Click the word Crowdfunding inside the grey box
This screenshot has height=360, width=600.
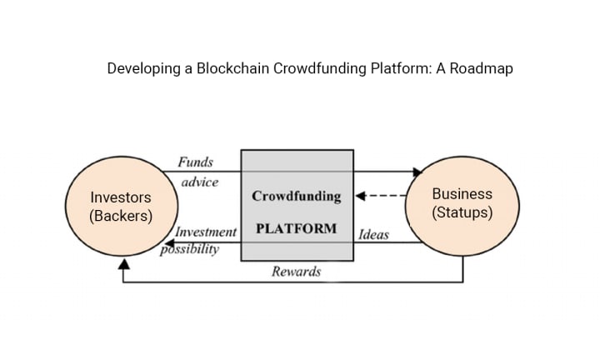pos(297,197)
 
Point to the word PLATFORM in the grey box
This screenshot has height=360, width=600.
pos(297,227)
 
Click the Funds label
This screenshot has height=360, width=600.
pos(195,162)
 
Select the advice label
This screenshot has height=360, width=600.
pos(199,181)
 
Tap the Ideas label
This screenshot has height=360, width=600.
pos(373,234)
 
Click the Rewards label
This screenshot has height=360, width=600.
pos(296,272)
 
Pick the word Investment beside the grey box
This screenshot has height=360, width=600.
pos(206,232)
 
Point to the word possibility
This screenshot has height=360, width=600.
pos(190,248)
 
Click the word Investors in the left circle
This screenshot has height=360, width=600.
pos(121,197)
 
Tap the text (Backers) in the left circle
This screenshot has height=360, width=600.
pos(121,216)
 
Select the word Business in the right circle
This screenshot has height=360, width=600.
pos(462,193)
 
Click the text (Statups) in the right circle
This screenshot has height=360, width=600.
pos(462,212)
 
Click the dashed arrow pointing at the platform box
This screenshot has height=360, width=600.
pos(379,197)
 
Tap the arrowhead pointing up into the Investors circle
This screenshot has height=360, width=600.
pos(124,264)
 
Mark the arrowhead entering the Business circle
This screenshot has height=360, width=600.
pos(417,172)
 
